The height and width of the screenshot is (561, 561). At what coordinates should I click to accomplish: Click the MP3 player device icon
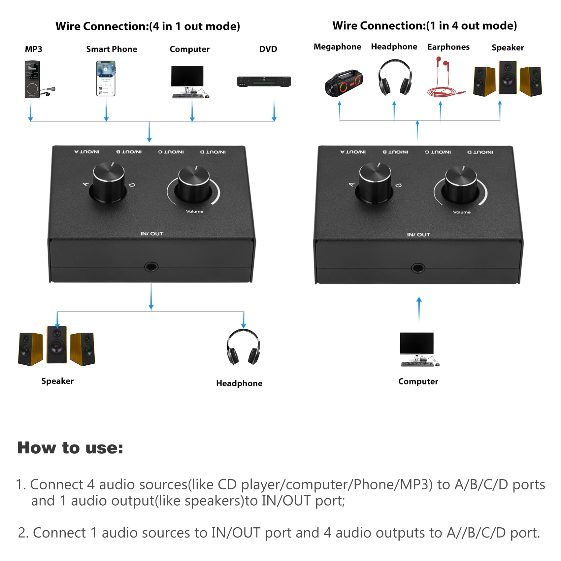click(x=33, y=79)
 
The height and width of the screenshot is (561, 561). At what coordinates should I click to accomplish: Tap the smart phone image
click(x=106, y=79)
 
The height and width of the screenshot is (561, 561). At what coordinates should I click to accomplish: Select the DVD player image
click(x=264, y=82)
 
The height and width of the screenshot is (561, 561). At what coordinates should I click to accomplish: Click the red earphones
click(x=444, y=78)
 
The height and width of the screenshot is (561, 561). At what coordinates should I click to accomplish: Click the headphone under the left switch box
click(x=243, y=347)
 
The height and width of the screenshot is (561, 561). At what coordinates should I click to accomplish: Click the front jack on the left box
click(x=151, y=267)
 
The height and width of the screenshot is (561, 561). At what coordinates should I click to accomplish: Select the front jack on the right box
click(x=418, y=268)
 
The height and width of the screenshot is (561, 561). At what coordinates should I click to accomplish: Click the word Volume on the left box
click(x=194, y=211)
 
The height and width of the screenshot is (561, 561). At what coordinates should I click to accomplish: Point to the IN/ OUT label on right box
click(x=418, y=235)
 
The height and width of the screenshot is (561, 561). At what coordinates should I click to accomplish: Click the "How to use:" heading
click(x=70, y=448)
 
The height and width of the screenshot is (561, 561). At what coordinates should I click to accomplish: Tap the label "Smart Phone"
click(x=112, y=49)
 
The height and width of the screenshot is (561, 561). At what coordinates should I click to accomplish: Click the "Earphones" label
click(x=448, y=47)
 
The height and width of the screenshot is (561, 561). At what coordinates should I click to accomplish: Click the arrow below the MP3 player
click(x=31, y=111)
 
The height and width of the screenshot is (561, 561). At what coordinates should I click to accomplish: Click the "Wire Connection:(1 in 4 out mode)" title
click(x=424, y=26)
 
